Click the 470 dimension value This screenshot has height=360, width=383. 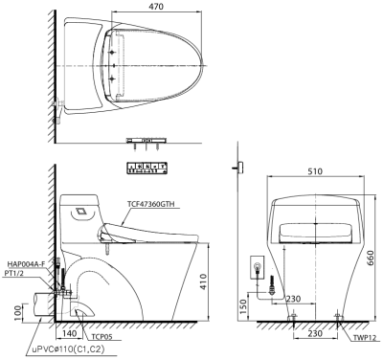click(156, 6)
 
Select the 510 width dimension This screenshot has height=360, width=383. click(315, 171)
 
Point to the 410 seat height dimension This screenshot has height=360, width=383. click(203, 281)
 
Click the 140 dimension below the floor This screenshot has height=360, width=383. click(70, 333)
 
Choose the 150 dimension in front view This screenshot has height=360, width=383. click(243, 306)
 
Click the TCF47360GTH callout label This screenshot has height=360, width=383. click(149, 204)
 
